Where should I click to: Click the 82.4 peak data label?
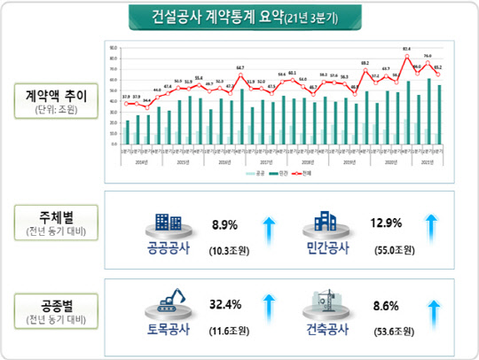pos(406,49)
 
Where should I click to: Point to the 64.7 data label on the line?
pos(240,68)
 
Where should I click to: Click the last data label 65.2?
pos(439,67)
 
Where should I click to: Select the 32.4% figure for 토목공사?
pos(228,306)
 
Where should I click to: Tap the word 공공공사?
pos(169,247)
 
